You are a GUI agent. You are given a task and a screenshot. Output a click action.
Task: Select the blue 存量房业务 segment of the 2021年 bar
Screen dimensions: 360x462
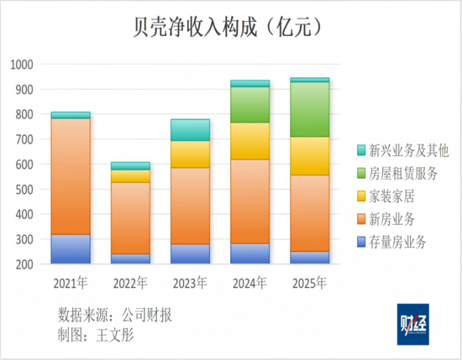tap(71, 249)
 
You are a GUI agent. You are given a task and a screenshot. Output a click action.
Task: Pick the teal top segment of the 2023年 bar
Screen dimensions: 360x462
tap(190, 130)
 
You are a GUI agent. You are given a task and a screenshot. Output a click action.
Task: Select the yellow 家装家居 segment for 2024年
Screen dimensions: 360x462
tap(249, 141)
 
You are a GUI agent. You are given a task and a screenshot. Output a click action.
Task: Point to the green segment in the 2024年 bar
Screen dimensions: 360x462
tap(249, 104)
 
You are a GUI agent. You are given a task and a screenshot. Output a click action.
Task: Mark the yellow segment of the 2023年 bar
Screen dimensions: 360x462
tap(190, 154)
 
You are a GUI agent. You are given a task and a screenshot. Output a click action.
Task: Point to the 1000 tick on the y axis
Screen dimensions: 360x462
tap(23, 65)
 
